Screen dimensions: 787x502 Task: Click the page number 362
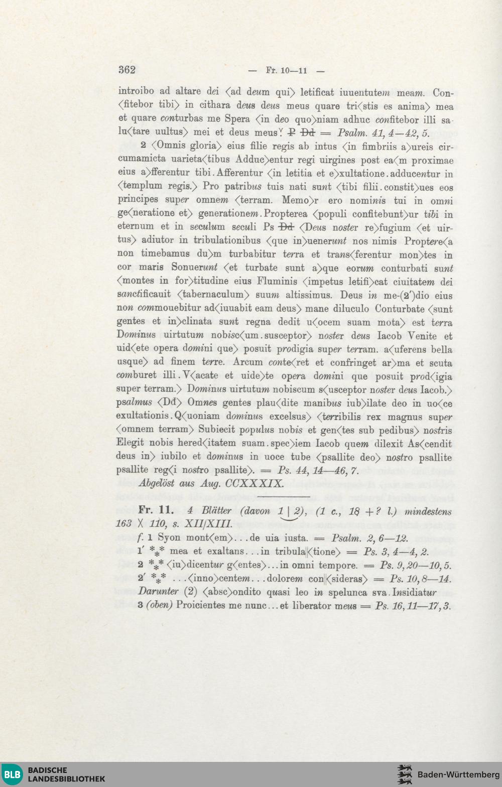pos(127,70)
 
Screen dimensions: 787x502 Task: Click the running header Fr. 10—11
pos(286,71)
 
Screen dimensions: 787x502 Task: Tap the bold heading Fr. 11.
pos(156,510)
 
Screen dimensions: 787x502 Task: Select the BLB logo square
pos(12,774)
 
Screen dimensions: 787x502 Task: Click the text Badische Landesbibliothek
pos(66,774)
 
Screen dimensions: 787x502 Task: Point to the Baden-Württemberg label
pos(458,774)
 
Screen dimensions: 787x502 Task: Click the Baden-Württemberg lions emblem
pos(405,774)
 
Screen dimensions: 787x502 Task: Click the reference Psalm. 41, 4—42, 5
pos(384,134)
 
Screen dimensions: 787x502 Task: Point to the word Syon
pos(169,538)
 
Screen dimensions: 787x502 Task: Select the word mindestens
pos(428,511)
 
